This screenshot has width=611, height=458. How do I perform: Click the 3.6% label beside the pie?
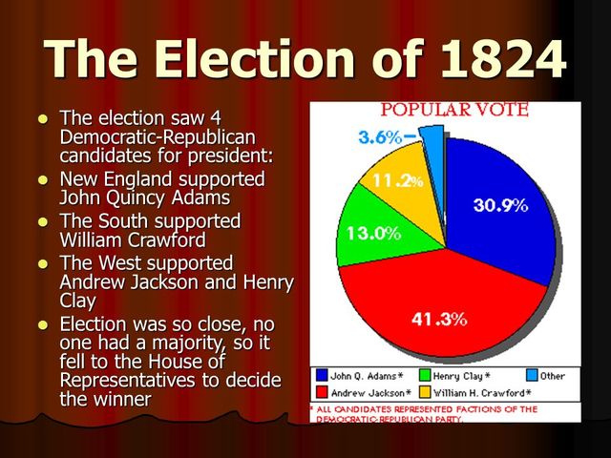379,137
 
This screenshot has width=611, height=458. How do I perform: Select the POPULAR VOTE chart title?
454,110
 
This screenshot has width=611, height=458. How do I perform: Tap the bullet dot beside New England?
42,179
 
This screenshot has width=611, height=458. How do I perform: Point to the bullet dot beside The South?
42,221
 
